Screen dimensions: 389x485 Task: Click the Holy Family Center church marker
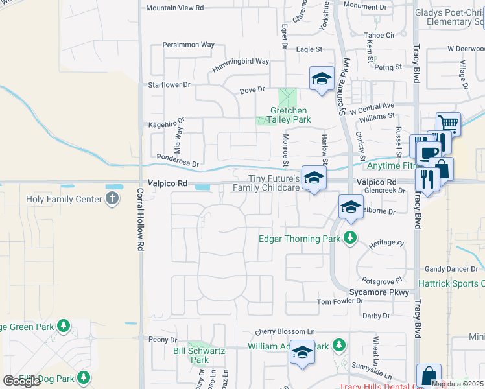113,198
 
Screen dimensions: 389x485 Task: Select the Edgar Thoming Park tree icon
350,238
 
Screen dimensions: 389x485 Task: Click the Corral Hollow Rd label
140,220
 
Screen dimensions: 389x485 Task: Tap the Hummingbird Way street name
241,62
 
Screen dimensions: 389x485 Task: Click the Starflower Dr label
169,84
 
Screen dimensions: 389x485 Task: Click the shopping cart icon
448,123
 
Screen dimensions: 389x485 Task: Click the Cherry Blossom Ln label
289,331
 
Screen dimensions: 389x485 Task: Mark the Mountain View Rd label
175,8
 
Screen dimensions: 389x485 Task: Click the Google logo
22,381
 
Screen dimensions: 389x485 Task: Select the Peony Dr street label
163,340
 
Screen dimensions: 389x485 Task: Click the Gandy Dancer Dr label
451,268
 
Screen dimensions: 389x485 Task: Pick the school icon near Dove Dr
321,79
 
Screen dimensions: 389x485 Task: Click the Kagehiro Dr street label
167,121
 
